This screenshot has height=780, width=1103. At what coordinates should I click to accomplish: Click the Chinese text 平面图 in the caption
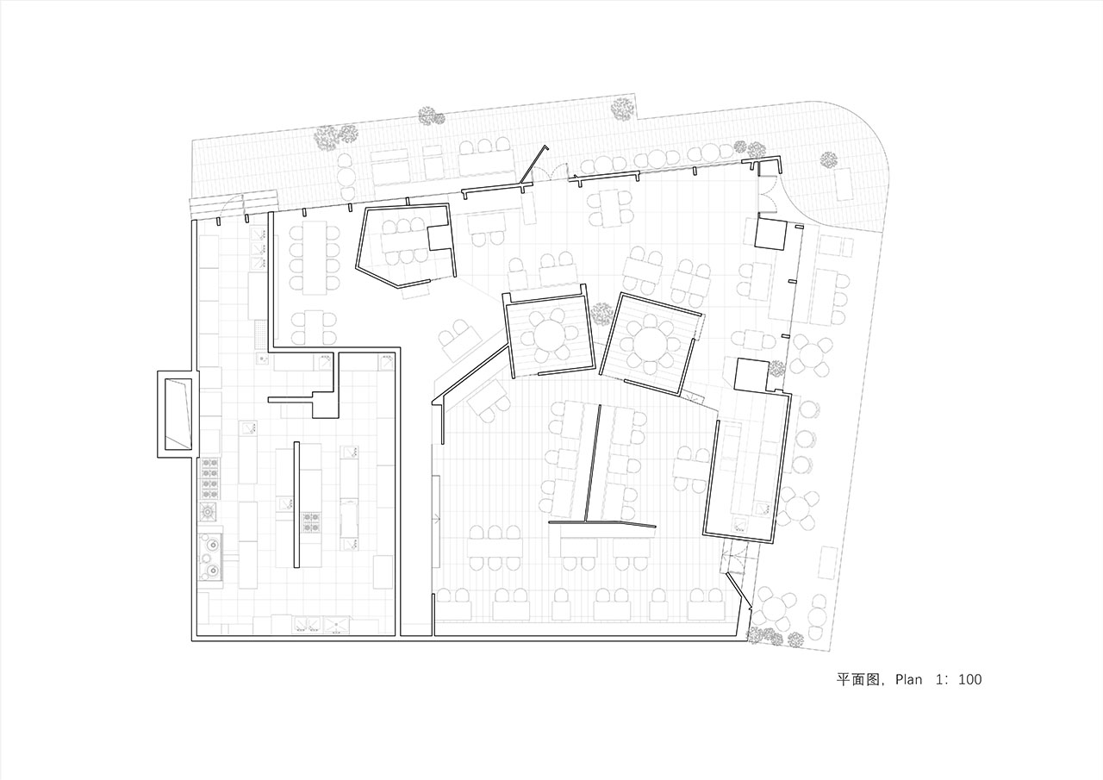858,680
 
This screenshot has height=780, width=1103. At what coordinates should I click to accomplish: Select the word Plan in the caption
908,679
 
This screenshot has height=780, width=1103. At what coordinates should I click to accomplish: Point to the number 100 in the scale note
969,679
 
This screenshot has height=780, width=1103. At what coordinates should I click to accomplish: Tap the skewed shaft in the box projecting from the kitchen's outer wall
178,414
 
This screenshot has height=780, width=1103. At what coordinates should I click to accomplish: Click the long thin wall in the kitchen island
296,505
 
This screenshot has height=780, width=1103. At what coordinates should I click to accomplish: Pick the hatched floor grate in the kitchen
260,334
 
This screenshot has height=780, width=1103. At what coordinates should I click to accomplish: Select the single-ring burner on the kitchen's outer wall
209,512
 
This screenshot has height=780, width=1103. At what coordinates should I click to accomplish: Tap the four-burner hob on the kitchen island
311,522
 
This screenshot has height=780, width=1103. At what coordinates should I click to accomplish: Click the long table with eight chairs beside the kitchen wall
315,258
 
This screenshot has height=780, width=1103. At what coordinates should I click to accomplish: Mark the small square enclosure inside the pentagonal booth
439,239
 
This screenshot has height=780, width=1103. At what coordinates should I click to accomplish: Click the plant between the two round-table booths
601,314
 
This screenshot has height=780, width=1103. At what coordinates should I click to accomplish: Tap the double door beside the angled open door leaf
551,174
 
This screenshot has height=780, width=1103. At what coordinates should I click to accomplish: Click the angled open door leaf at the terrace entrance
534,164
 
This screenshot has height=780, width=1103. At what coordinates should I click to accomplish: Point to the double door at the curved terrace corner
769,193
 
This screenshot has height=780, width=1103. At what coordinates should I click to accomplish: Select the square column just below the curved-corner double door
770,234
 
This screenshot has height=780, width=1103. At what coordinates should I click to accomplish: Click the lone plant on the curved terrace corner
828,159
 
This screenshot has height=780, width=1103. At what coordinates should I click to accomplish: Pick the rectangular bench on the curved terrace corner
844,184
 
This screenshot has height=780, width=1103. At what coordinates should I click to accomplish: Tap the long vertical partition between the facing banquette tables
593,464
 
